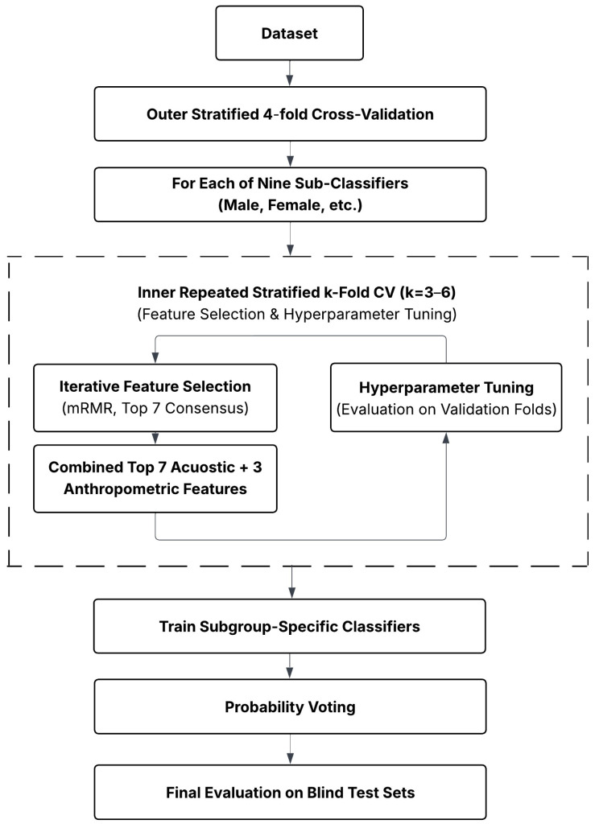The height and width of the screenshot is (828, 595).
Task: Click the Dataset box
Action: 290,33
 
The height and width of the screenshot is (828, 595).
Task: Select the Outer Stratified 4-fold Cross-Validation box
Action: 290,114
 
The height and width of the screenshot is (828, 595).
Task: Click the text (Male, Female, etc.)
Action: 290,205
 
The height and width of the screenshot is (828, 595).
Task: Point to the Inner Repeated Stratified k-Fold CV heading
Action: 267,293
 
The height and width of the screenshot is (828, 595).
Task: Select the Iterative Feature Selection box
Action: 155,398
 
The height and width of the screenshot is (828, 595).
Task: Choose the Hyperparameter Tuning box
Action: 446,398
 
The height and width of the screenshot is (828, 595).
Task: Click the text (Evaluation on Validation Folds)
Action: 447,410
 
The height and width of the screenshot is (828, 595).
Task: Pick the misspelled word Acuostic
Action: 203,468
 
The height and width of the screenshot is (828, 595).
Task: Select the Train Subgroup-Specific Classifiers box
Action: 290,626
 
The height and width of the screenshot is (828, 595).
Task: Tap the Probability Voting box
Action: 290,706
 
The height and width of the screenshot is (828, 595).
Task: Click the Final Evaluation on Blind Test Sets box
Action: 290,793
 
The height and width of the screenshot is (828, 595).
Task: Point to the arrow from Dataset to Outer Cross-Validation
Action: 290,73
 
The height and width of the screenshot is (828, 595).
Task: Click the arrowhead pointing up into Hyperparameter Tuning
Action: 446,438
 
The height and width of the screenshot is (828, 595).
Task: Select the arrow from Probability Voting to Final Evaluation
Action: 290,749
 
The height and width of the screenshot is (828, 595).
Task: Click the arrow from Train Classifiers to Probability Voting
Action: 290,666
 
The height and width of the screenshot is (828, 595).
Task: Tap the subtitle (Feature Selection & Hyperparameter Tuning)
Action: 297,315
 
